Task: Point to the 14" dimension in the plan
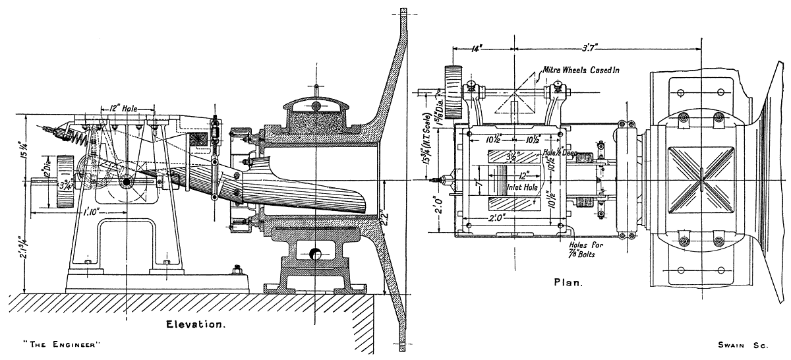[480, 48]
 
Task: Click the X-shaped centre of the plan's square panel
[703, 179]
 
